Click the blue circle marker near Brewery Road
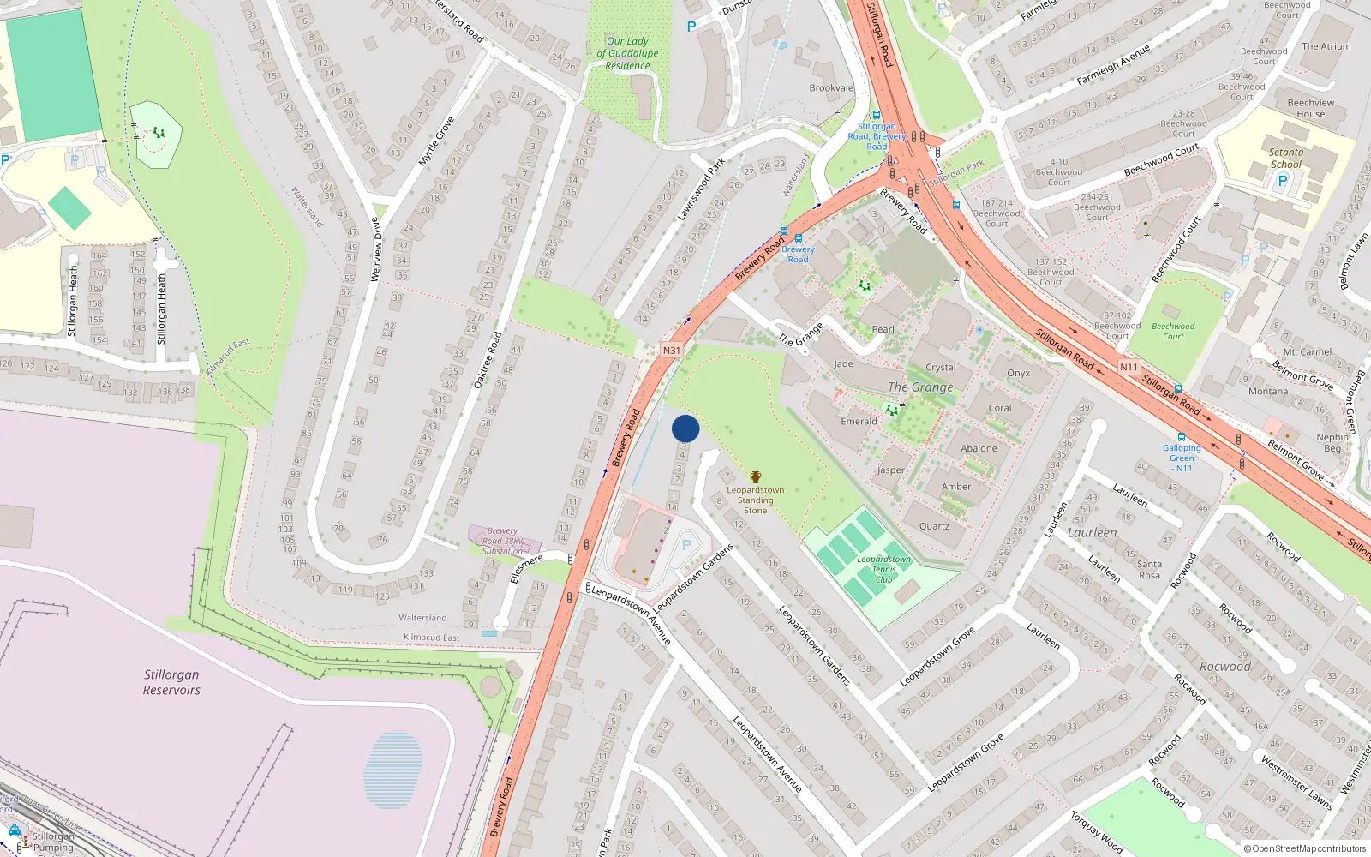click(x=685, y=428)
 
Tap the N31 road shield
click(x=671, y=351)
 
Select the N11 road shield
click(x=1129, y=367)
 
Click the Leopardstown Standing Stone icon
click(x=755, y=477)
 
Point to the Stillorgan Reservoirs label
click(x=171, y=682)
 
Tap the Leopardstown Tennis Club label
click(x=883, y=569)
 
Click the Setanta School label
click(x=1285, y=159)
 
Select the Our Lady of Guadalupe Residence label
click(x=627, y=53)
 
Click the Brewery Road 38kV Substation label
click(x=503, y=541)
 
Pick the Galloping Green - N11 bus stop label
click(x=1182, y=458)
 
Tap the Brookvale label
click(x=831, y=88)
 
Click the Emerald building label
click(x=859, y=421)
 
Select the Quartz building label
click(x=934, y=526)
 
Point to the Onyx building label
click(x=1018, y=373)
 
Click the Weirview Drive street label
click(x=375, y=249)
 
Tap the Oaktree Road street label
click(x=488, y=360)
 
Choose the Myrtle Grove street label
click(x=436, y=141)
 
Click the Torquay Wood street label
click(x=1096, y=832)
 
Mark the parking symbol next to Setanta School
click(x=1282, y=181)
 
